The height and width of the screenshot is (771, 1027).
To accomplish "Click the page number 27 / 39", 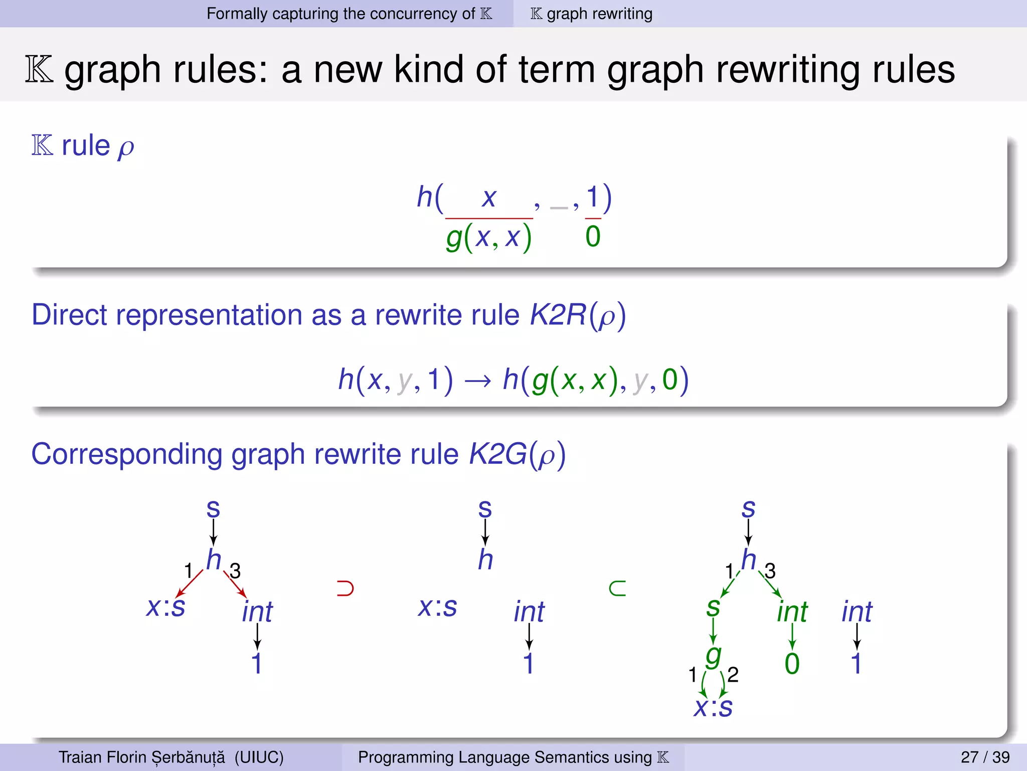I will click(985, 757).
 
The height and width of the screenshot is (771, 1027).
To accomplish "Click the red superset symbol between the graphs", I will click(345, 588).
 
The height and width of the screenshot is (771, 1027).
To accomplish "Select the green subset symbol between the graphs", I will click(617, 588).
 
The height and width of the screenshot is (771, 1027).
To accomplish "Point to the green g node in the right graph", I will click(713, 656).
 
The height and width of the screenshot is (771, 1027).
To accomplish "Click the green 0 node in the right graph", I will click(792, 664).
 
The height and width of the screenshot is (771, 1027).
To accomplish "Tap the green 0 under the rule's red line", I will click(593, 236).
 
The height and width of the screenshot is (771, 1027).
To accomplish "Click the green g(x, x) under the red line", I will click(488, 237).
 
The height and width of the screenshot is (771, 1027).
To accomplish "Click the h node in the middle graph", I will click(485, 559).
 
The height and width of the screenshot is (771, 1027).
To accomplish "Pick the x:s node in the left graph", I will click(165, 607).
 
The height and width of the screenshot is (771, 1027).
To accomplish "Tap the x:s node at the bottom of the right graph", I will click(713, 707).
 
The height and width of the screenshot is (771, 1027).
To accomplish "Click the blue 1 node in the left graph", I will click(257, 664).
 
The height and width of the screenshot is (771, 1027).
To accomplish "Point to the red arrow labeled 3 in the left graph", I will click(235, 585).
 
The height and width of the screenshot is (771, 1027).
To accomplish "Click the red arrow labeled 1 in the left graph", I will click(190, 584).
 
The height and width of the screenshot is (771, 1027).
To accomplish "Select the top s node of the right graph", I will click(748, 509).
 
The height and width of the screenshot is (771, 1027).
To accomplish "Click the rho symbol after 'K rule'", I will click(126, 148).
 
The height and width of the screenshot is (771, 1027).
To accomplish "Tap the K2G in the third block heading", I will click(497, 454).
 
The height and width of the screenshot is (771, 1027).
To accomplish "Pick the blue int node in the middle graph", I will click(529, 612).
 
